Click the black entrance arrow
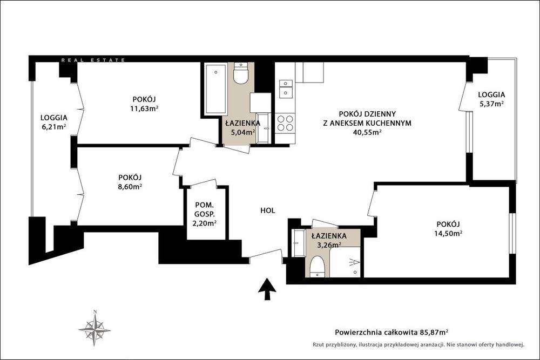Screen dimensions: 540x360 click(267, 290)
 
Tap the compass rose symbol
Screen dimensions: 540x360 click(94, 328)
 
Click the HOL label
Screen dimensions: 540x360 click(268, 210)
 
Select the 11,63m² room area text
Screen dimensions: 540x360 click(144, 108)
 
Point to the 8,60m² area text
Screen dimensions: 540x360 click(130, 187)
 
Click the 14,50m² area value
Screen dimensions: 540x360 click(448, 233)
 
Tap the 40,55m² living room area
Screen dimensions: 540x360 click(367, 132)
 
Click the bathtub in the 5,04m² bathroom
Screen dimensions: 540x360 click(215, 90)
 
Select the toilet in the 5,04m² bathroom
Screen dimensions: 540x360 click(241, 73)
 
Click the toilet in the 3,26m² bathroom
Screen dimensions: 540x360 click(317, 267)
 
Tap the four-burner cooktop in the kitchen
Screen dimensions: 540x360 click(285, 123)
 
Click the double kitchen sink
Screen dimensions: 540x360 click(286, 89)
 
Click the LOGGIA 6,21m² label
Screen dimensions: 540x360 click(53, 122)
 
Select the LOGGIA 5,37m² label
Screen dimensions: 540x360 click(491, 99)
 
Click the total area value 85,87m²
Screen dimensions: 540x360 click(434, 332)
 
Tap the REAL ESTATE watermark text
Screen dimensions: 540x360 click(93, 60)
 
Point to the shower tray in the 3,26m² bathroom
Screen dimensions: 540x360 click(345, 262)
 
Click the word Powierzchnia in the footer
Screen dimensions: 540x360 click(358, 332)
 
